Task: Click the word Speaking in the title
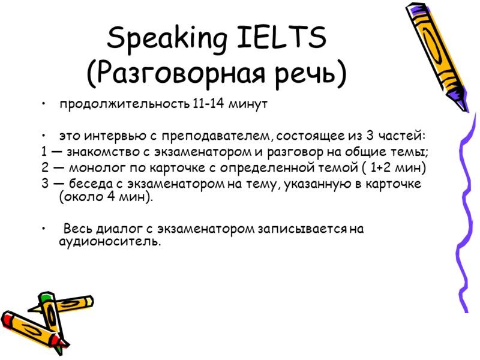point(167,39)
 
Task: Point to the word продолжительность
point(125,104)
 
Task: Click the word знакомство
point(103,152)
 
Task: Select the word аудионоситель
point(110,242)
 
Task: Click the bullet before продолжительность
point(44,104)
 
